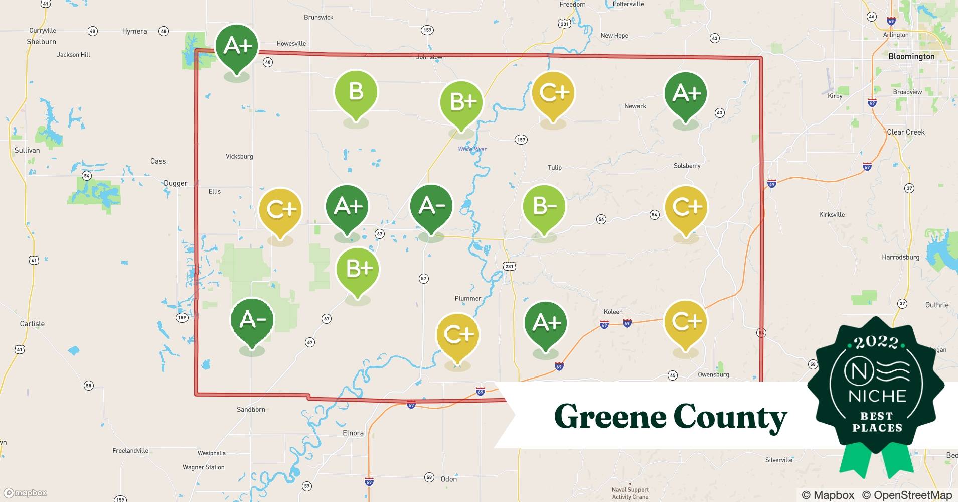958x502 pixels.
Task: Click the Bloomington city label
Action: [x=911, y=56]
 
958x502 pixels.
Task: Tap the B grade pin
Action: [x=356, y=92]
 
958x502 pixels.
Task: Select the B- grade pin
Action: [x=544, y=206]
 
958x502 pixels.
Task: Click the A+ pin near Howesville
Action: [x=237, y=46]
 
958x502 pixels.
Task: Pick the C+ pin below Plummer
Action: [x=457, y=335]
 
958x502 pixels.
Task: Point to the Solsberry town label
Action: [x=687, y=166]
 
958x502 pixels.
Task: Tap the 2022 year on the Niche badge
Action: [x=877, y=342]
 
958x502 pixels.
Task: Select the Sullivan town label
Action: [x=27, y=150]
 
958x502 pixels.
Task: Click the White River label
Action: [x=472, y=149]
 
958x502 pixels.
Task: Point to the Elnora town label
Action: [x=353, y=433]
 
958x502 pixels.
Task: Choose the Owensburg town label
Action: [x=713, y=374]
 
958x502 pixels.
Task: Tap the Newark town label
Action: [x=635, y=106]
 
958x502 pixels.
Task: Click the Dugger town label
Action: [x=175, y=183]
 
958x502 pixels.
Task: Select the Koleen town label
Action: [x=613, y=312]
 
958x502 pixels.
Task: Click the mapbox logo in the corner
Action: [x=26, y=493]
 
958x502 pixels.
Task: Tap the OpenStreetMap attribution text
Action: [x=907, y=495]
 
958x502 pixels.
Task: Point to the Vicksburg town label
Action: [x=239, y=157]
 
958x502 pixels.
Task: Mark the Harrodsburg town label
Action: [x=900, y=257]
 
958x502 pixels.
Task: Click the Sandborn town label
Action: [x=251, y=410]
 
